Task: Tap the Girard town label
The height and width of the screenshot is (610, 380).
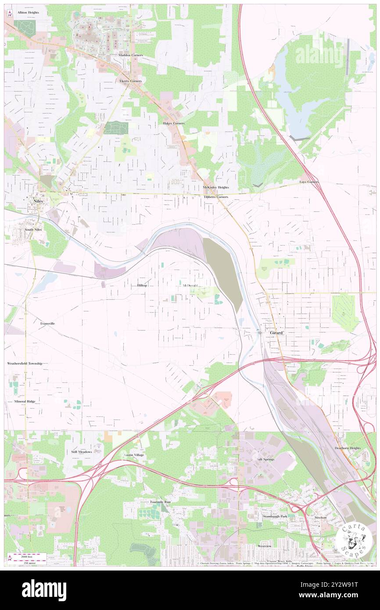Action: [x=276, y=333]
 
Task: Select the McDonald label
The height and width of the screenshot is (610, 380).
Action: [x=190, y=285]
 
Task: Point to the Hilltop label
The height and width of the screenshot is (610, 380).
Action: [x=142, y=285]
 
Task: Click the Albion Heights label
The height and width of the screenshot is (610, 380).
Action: [x=28, y=13]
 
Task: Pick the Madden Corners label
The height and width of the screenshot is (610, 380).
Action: [x=131, y=55]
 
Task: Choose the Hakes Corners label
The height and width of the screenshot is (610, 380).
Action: [x=174, y=123]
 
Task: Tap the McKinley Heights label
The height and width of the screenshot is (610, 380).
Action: [x=216, y=187]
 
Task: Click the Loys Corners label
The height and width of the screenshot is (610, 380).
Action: [x=309, y=182]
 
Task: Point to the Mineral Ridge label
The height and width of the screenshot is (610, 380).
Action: [x=25, y=402]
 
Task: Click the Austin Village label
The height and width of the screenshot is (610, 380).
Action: [x=133, y=455]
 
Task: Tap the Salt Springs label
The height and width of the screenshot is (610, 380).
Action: [x=265, y=459]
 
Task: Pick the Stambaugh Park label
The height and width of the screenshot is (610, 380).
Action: [x=275, y=517]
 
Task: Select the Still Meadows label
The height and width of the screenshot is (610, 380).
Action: [x=82, y=452]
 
